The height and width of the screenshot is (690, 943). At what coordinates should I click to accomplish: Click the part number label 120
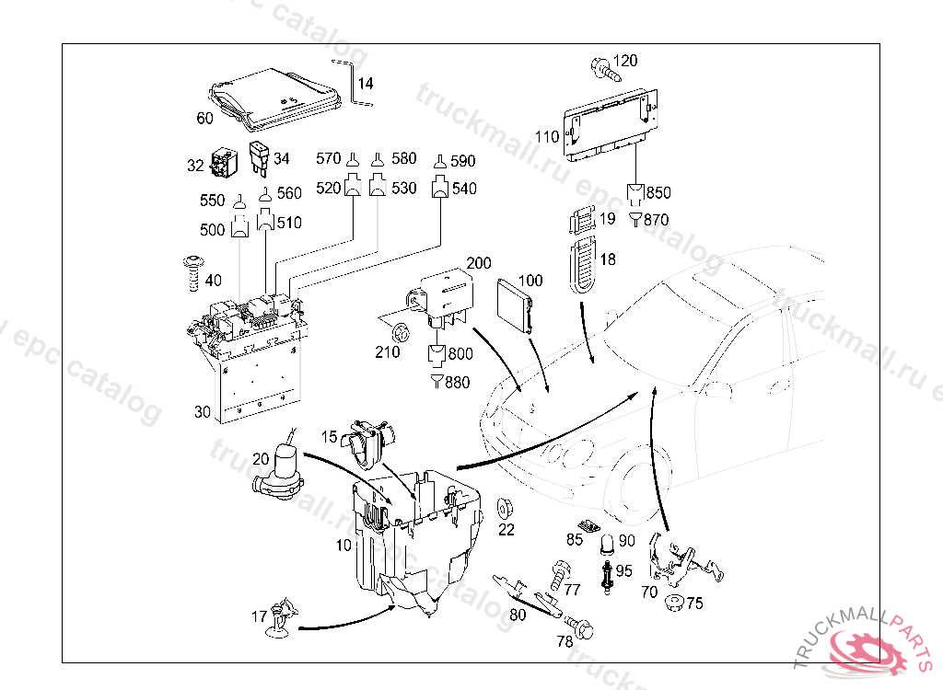coord(624,62)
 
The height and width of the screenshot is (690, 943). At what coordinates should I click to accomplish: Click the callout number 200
coord(479,263)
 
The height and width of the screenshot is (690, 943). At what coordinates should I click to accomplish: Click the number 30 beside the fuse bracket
coord(203,412)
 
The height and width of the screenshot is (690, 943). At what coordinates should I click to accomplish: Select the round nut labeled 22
coord(506,508)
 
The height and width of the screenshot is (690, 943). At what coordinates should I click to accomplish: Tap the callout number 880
coord(457,383)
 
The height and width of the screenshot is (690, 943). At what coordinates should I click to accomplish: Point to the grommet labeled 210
coord(400,333)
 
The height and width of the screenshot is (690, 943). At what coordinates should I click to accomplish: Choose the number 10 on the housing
coord(343,546)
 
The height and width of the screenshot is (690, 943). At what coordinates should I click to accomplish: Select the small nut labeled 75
coord(673,604)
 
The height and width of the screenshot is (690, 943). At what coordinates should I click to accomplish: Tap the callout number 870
coord(657,220)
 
